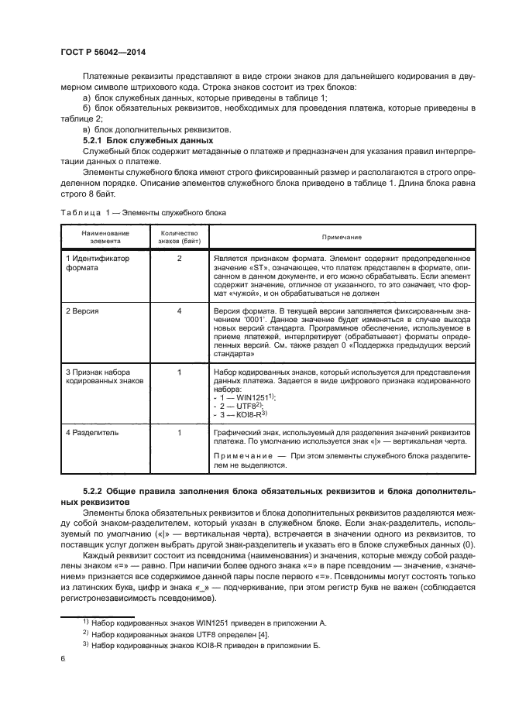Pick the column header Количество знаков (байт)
click(x=179, y=236)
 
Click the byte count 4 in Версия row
click(x=179, y=310)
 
